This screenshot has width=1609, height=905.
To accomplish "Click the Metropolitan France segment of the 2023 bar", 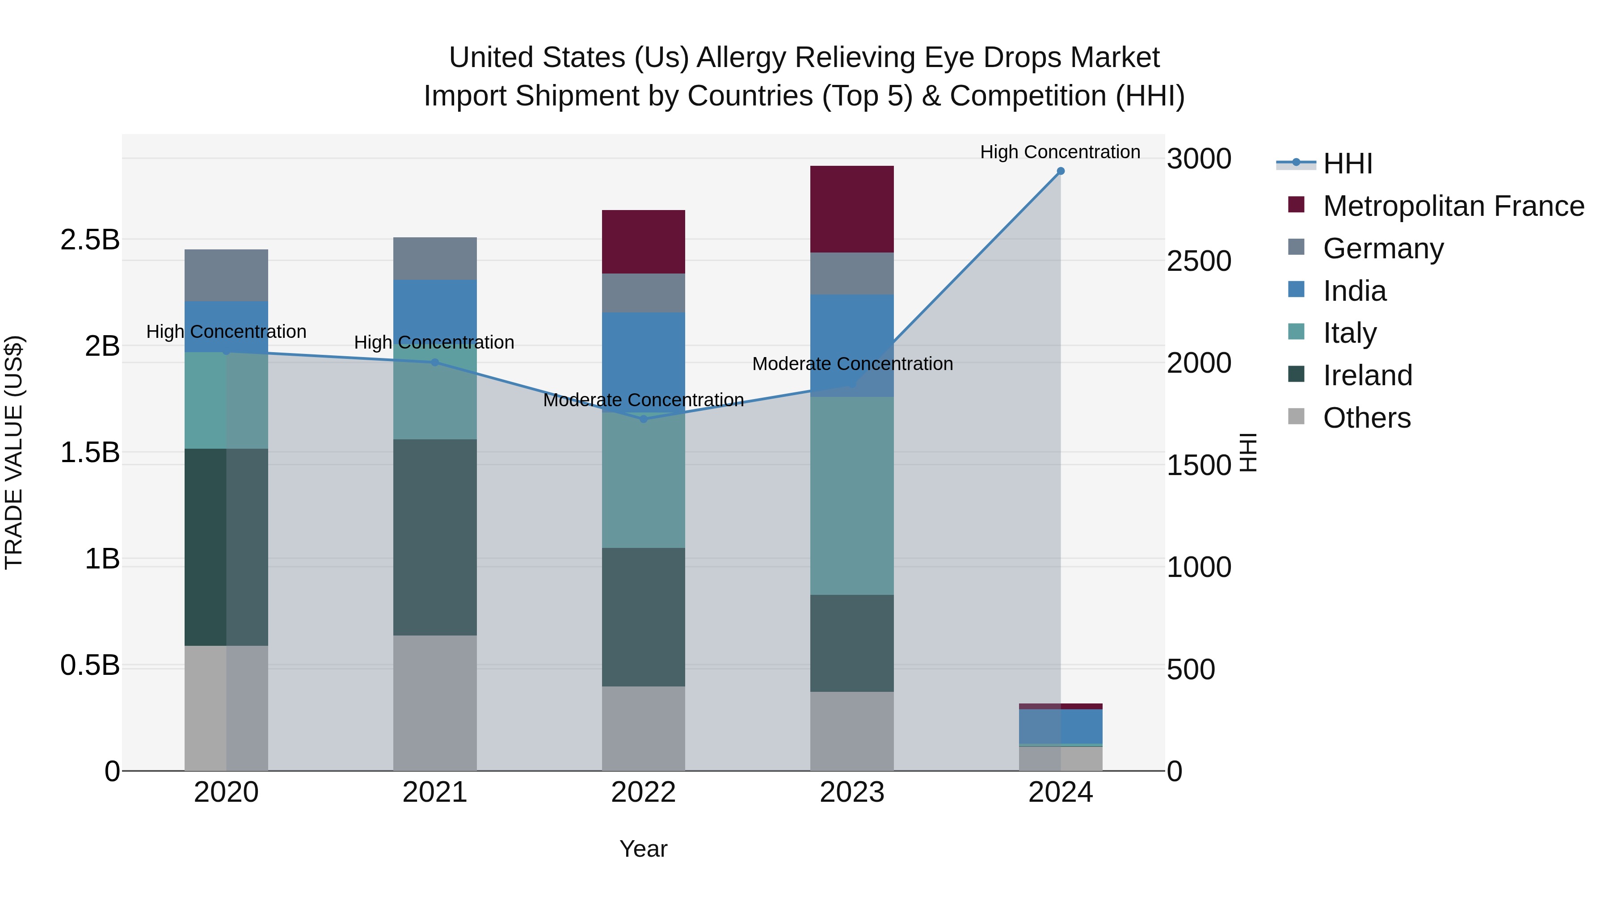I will pyautogui.click(x=851, y=209).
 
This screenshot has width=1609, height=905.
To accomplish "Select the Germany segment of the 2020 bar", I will pyautogui.click(x=226, y=275).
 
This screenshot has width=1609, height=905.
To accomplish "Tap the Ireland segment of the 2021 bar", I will pyautogui.click(x=435, y=537).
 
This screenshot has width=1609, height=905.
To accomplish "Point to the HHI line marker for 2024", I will pyautogui.click(x=1060, y=171).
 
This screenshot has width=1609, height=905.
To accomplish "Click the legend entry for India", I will pyautogui.click(x=1354, y=291).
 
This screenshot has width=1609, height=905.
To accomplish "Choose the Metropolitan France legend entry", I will pyautogui.click(x=1453, y=206).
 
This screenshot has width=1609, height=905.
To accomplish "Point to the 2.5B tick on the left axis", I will pyautogui.click(x=89, y=240).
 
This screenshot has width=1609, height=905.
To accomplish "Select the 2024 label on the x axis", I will pyautogui.click(x=1060, y=792).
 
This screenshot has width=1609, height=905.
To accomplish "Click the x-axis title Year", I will pyautogui.click(x=643, y=849).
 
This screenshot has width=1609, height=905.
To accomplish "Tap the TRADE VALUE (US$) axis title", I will pyautogui.click(x=14, y=452).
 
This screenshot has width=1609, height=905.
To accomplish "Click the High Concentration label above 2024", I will pyautogui.click(x=1060, y=152).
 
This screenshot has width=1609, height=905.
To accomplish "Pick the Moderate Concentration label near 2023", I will pyautogui.click(x=852, y=363).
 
